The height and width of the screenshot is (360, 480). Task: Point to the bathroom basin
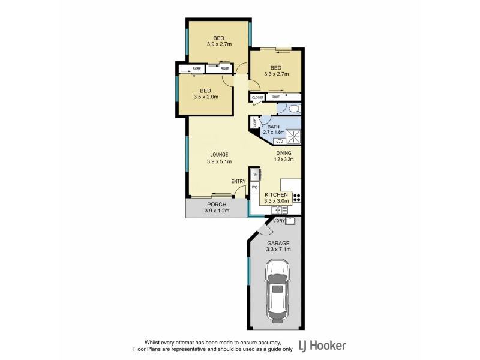coord(279,142)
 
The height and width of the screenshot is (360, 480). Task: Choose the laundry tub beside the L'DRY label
coord(290,221)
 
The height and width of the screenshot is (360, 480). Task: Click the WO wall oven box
coord(254,187)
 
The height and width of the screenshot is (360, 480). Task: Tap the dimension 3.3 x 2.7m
coord(276,74)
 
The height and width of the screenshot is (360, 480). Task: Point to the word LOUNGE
coord(218,154)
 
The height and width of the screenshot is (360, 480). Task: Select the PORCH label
coord(217,205)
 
